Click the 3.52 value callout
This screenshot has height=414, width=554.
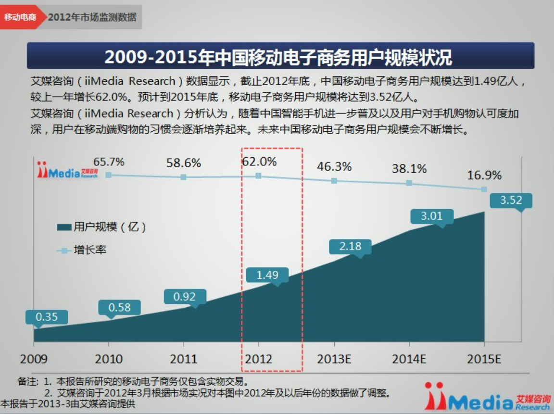pos(511,200)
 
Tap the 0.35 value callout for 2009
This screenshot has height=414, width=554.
pos(47,317)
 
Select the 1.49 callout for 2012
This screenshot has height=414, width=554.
pos(267,275)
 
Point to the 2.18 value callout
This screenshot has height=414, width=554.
pos(350,246)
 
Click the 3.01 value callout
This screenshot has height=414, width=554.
pos(431,216)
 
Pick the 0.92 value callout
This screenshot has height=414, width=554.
pos(185,296)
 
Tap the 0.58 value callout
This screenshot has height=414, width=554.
pos(119,307)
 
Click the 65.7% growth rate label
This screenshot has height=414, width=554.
pos(109,162)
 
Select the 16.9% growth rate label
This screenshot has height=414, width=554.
pos(484,175)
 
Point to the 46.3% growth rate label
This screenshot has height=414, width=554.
pos(334,167)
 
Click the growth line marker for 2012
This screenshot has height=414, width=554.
pos(259,176)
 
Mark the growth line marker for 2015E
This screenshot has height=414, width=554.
pos(484,189)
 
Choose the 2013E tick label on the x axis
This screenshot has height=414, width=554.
pos(334,359)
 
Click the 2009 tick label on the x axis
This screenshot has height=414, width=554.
pos(34,359)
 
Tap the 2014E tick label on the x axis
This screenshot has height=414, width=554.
pos(409,359)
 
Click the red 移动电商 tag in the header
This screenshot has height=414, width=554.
pos(20,17)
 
